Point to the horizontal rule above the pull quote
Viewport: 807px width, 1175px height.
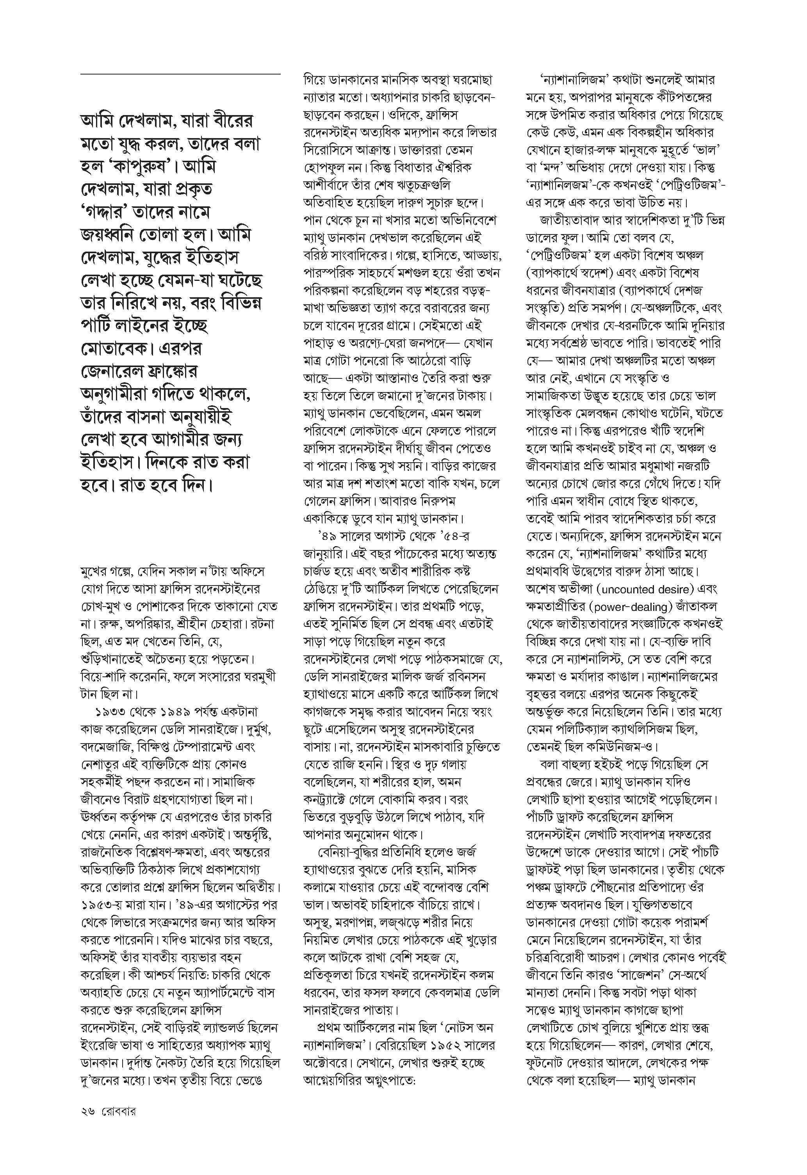pos(180,75)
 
